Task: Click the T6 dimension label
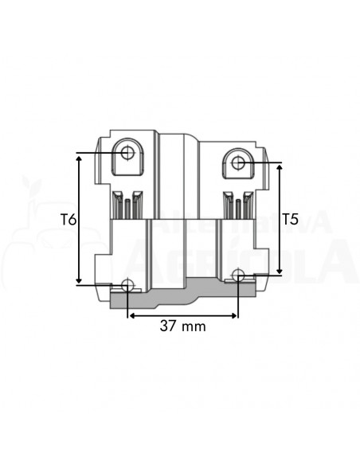pyautogui.click(x=68, y=219)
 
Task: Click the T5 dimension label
pyautogui.click(x=291, y=219)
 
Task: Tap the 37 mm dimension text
pyautogui.click(x=183, y=326)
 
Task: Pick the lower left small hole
pyautogui.click(x=127, y=285)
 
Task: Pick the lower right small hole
pyautogui.click(x=237, y=275)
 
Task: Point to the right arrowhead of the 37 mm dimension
pyautogui.click(x=233, y=315)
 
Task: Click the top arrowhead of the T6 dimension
pyautogui.click(x=79, y=158)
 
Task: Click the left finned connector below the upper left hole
pyautogui.click(x=127, y=205)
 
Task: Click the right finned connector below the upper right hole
pyautogui.click(x=237, y=205)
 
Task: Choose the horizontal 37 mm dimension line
pyautogui.click(x=183, y=315)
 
